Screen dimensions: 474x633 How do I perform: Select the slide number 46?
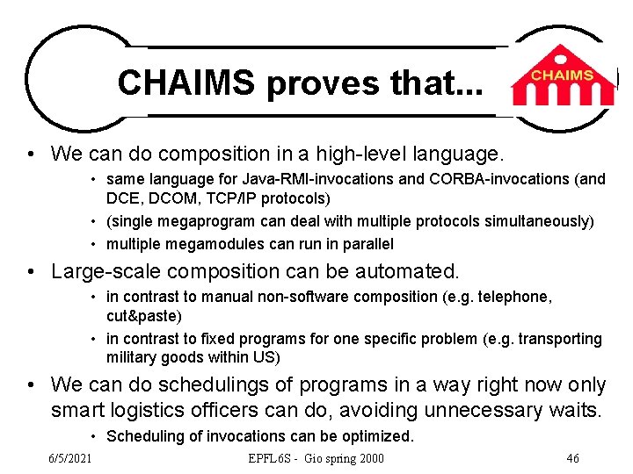572,458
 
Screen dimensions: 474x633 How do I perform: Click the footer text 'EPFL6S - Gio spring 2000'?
316,458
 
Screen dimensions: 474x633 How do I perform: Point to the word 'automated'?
409,272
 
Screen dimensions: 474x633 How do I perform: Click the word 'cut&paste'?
143,315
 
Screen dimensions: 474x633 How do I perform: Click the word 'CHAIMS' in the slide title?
186,83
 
